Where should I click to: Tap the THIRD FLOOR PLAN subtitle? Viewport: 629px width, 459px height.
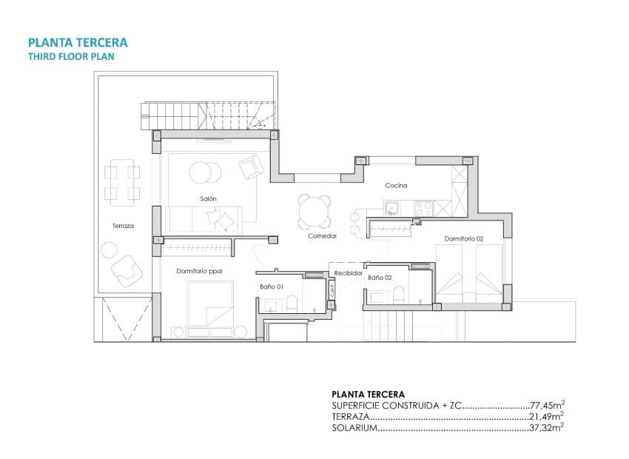(x=70, y=56)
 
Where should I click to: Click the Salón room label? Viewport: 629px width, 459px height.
(x=208, y=198)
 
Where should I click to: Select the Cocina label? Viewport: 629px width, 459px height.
(x=396, y=186)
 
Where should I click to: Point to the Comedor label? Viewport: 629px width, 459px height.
(x=323, y=236)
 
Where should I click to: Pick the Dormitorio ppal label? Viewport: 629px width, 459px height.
(x=200, y=271)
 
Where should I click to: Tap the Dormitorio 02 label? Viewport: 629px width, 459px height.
(x=464, y=238)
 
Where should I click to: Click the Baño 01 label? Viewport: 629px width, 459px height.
(x=272, y=286)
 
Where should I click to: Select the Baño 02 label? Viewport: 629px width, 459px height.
(x=380, y=278)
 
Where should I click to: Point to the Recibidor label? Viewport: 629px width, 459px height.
(x=349, y=273)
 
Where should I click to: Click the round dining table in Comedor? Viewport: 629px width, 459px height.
(x=315, y=212)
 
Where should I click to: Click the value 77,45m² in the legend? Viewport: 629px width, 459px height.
(x=548, y=406)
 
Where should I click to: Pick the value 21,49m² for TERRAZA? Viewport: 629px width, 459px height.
(x=548, y=417)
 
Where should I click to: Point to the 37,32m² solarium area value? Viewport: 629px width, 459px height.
(x=548, y=428)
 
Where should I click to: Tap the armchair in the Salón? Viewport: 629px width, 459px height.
(x=249, y=166)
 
